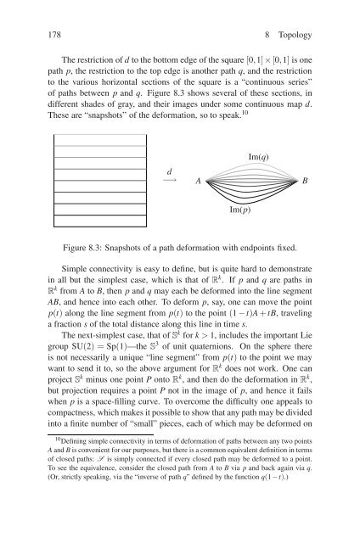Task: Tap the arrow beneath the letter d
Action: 171,180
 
